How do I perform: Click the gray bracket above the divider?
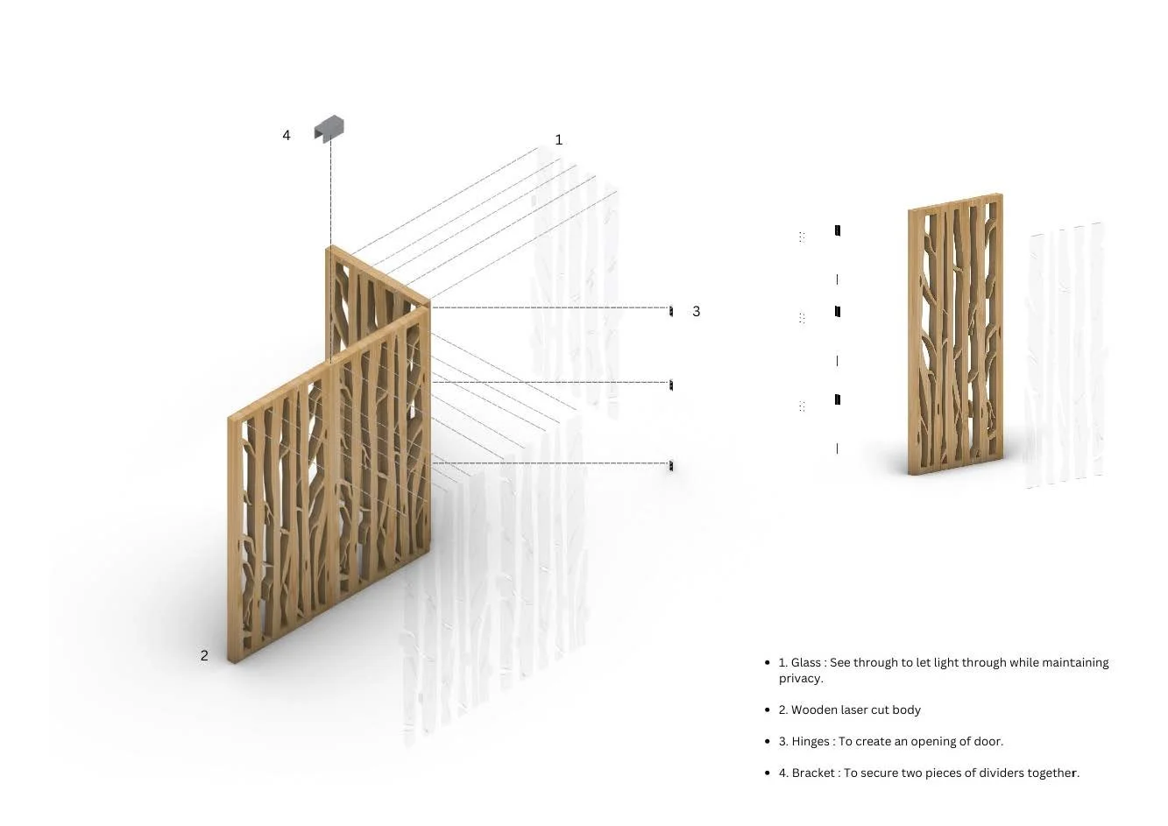coord(329,128)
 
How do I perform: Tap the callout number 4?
coord(287,136)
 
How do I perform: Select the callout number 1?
coord(558,139)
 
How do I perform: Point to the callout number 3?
coord(696,311)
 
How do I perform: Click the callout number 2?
coord(204,655)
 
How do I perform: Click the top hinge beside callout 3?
coord(671,311)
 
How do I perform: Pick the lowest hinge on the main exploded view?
coord(671,465)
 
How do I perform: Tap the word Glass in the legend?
coord(805,662)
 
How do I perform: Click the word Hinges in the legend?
coord(811,742)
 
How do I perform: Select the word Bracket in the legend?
coord(813,773)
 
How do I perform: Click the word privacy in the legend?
coord(800,679)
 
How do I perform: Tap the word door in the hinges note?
coord(988,742)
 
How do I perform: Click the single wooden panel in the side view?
coord(955,334)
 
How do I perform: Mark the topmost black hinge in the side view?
coord(838,230)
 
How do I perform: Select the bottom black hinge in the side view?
coord(838,399)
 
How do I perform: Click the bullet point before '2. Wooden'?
coord(767,710)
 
